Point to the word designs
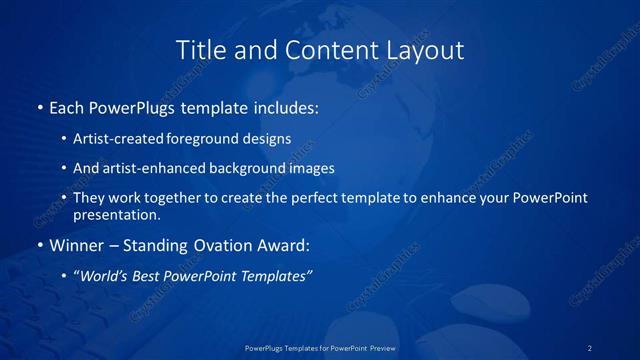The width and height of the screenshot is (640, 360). [268, 140]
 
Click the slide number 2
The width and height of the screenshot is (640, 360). [590, 347]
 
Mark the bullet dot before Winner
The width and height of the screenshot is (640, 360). [39, 245]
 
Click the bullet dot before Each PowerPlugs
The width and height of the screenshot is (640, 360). [39, 106]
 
